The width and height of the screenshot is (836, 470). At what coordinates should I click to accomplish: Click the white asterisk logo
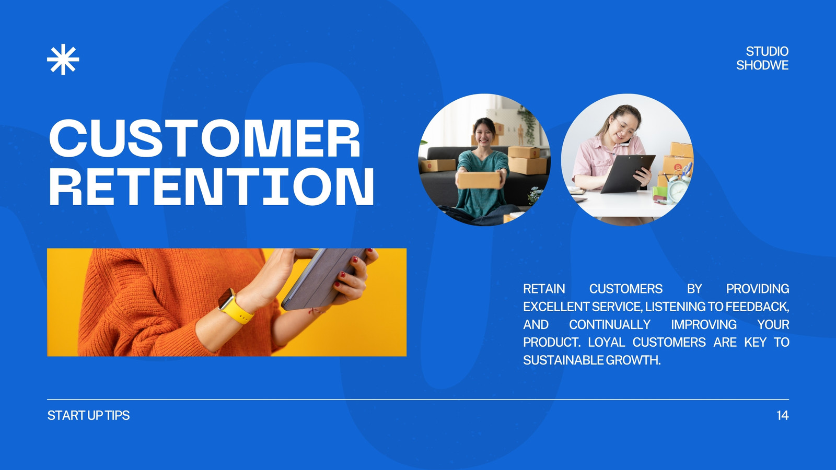coord(63,60)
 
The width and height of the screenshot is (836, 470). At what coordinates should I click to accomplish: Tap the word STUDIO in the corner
coord(767,51)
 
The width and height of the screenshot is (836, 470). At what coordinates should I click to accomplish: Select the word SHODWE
coord(762,65)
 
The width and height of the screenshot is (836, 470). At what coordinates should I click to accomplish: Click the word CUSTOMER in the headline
coord(204,138)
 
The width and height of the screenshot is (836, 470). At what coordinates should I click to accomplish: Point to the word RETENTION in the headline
coord(211,186)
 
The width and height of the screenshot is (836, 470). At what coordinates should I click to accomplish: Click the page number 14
coord(782,415)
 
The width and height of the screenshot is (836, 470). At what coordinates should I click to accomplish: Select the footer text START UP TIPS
coord(88,415)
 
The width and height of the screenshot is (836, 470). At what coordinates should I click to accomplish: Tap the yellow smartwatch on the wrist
coord(235,307)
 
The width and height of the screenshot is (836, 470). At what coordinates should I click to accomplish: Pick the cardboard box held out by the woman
coord(479,180)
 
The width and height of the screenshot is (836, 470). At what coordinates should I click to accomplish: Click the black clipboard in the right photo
coord(627,173)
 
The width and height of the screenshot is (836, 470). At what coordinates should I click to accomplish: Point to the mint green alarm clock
coord(677,189)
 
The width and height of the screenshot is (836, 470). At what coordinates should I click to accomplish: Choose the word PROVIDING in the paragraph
coord(758,289)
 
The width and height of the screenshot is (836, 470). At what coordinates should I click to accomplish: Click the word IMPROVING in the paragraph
coord(704,324)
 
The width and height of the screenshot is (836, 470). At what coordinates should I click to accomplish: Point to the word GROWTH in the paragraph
coord(633,360)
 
